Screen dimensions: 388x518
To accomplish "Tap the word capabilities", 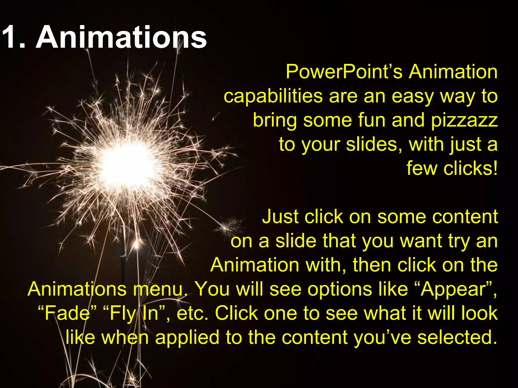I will pos(273,96).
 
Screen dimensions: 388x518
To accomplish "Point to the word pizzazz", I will pos(464,120).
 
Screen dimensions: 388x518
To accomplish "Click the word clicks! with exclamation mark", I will pos(470,168).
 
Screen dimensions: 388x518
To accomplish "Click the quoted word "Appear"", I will pos(455,289).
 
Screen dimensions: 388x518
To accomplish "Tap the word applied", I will pos(187,337).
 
